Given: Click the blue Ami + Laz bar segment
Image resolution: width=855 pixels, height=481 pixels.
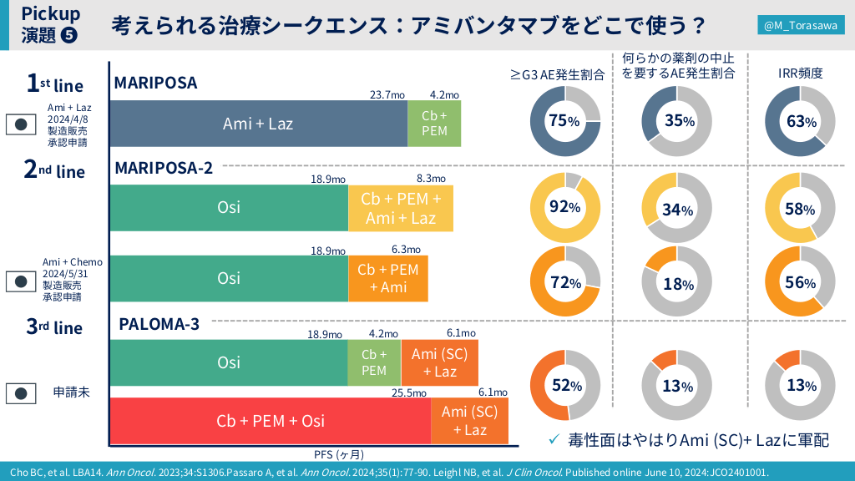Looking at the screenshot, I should tap(258, 124).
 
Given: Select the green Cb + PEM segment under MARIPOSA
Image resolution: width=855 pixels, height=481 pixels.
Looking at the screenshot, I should tap(434, 124).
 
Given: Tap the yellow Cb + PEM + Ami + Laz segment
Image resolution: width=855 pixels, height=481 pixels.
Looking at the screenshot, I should tap(400, 208).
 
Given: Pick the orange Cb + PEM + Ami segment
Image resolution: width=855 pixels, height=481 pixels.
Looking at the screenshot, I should tap(387, 278).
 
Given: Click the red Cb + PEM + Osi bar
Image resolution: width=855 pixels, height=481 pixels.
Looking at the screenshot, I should tap(270, 421).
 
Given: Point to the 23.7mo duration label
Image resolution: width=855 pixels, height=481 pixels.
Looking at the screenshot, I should tap(387, 94).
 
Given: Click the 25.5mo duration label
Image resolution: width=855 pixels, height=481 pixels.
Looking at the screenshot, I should tap(409, 392).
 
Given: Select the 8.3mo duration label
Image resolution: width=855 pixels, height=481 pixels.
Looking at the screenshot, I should tap(430, 179).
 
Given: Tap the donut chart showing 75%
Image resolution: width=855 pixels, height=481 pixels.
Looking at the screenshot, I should tap(564, 121).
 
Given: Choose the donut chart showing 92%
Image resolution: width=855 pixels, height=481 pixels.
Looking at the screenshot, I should tap(564, 207).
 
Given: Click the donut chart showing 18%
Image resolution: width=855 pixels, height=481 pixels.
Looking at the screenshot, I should tap(676, 282).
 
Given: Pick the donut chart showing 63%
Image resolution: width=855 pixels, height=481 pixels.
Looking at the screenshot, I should tap(800, 121).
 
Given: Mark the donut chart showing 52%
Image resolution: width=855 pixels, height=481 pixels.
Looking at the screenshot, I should tap(564, 385).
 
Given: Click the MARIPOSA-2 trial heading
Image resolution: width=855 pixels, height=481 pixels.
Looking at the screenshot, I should tap(164, 168).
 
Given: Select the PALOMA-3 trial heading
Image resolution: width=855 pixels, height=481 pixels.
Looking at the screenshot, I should tap(159, 324).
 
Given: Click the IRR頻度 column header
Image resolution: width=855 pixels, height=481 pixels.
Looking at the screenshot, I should tap(799, 73).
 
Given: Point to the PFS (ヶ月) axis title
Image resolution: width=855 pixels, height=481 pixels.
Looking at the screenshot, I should tap(338, 454).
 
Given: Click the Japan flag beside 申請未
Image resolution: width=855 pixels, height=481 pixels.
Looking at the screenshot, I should tap(22, 392).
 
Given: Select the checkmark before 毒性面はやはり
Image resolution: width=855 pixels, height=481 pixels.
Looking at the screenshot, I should tap(553, 439).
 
